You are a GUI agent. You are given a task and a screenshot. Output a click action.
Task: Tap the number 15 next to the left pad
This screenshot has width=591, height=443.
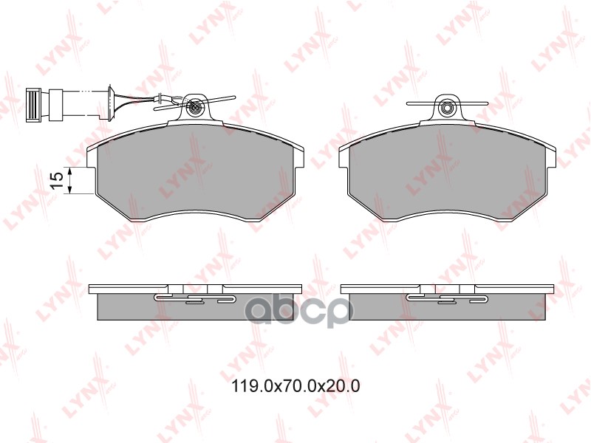click(x=54, y=181)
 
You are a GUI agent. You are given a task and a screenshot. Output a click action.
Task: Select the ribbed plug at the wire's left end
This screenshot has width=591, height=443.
click(x=33, y=104)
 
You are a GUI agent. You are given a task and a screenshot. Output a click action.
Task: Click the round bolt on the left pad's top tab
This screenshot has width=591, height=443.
click(x=195, y=109)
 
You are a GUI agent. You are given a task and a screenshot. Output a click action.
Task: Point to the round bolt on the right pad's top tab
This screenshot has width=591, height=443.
click(x=448, y=109)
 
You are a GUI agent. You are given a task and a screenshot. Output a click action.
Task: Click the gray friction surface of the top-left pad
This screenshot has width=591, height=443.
click(x=196, y=174)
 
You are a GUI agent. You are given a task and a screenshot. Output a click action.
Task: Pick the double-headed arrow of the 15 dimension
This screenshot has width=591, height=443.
click(x=68, y=181)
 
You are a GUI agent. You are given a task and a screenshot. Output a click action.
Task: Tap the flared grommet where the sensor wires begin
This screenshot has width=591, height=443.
click(x=111, y=103)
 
